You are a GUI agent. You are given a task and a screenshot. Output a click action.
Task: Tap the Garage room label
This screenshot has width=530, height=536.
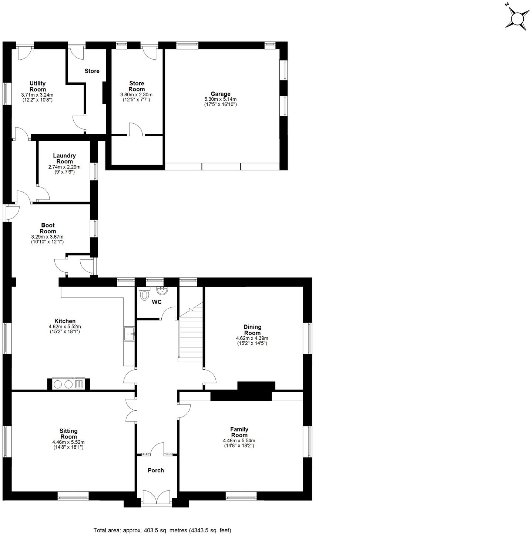pyautogui.click(x=221, y=94)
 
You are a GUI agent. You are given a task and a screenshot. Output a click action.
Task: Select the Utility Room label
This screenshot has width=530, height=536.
pyautogui.click(x=38, y=86)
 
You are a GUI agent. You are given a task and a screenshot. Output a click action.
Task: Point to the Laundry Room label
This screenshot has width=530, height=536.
pyautogui.click(x=64, y=159)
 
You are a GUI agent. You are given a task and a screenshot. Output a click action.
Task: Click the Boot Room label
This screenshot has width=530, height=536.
pyautogui.click(x=48, y=228)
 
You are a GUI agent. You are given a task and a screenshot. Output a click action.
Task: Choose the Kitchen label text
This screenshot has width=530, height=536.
pyautogui.click(x=65, y=321)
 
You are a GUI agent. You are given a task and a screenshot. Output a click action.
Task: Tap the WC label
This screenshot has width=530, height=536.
pyautogui.click(x=157, y=302)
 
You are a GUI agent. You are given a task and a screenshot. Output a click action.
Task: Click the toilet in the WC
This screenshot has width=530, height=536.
pyautogui.click(x=144, y=294)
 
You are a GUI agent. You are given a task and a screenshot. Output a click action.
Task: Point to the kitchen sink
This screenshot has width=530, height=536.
pyautogui.click(x=129, y=334)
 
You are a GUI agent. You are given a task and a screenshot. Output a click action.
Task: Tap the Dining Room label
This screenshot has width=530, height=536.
pyautogui.click(x=252, y=330)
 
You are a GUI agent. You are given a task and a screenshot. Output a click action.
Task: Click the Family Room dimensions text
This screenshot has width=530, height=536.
pyautogui.click(x=239, y=443)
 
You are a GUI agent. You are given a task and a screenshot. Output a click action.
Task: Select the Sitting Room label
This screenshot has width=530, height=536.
pyautogui.click(x=68, y=434)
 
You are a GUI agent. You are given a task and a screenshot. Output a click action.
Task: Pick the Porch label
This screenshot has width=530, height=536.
pyautogui.click(x=156, y=470)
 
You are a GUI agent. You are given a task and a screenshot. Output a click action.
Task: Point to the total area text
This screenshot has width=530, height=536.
pyautogui.click(x=162, y=530)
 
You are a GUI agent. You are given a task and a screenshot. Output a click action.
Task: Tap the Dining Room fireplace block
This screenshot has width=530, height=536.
pyautogui.click(x=256, y=386)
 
